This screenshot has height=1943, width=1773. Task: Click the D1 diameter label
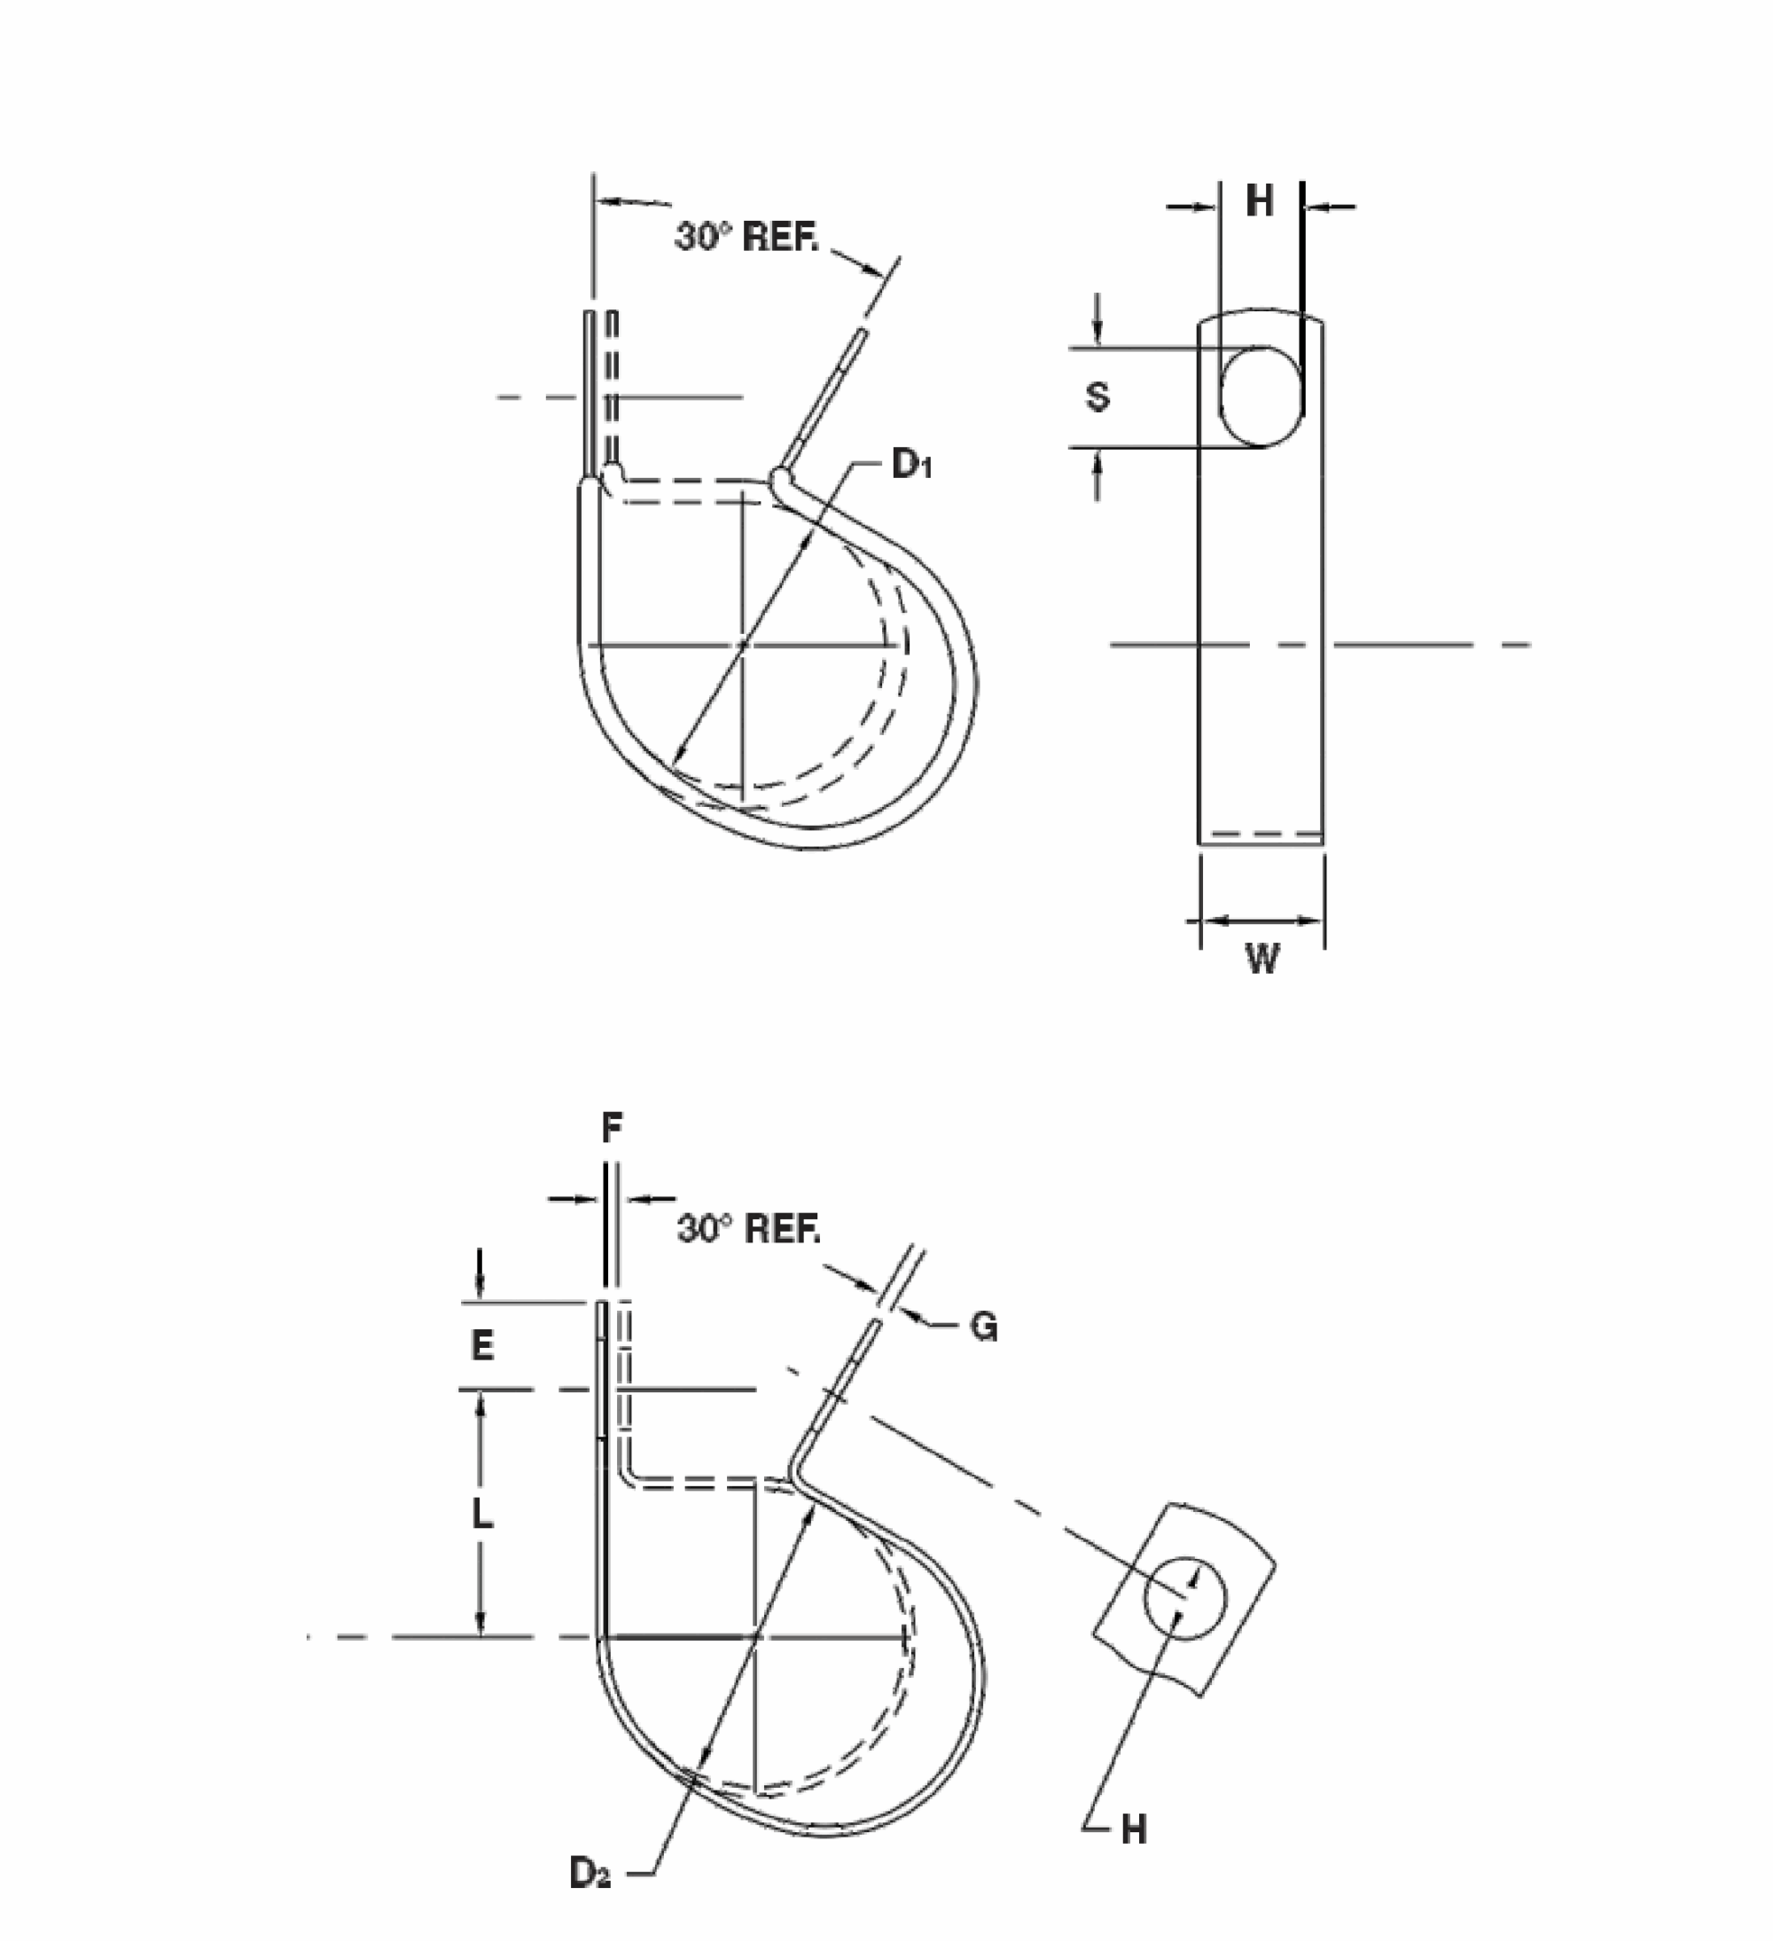click(910, 465)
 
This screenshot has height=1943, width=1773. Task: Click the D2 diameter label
click(590, 1873)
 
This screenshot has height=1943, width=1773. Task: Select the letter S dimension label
click(1097, 396)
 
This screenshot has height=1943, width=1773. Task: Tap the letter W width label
click(1262, 958)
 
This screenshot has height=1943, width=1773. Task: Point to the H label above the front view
click(1260, 200)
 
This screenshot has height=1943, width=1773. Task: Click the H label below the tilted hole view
click(1134, 1829)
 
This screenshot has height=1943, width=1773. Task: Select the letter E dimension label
click(481, 1344)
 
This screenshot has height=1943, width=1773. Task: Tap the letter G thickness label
click(983, 1328)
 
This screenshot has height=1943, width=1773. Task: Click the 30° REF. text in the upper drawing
click(746, 236)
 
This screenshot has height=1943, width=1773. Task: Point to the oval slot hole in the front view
click(1261, 396)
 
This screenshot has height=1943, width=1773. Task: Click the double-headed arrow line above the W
click(1261, 921)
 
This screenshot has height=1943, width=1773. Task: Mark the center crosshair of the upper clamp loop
click(742, 644)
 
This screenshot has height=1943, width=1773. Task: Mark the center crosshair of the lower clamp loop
click(755, 1636)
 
